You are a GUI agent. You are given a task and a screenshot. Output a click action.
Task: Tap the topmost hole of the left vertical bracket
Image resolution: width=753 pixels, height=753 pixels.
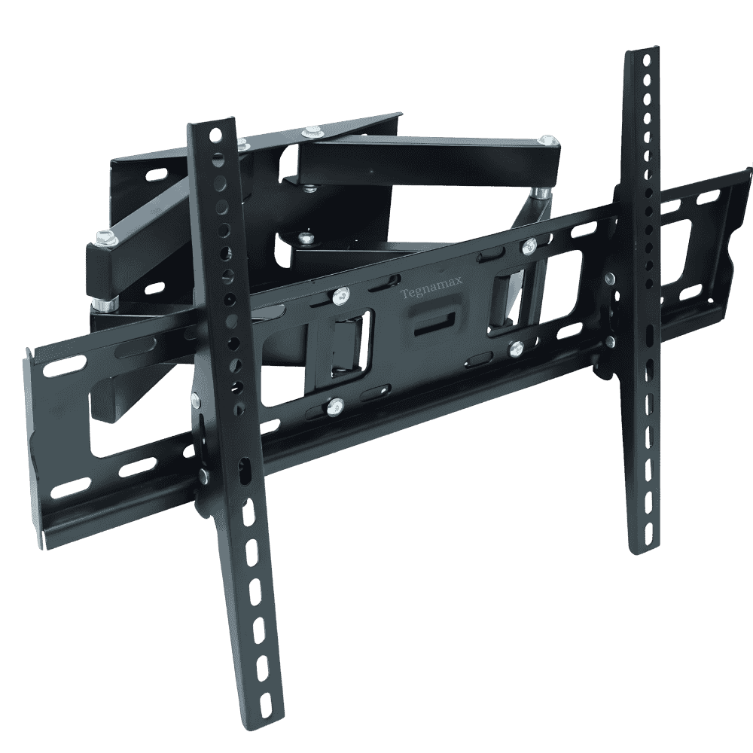point(213,133)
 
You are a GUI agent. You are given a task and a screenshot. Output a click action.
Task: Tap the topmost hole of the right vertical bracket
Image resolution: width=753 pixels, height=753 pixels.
point(647,59)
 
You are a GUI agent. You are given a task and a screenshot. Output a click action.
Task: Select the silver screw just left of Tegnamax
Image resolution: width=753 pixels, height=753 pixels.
point(341,296)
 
